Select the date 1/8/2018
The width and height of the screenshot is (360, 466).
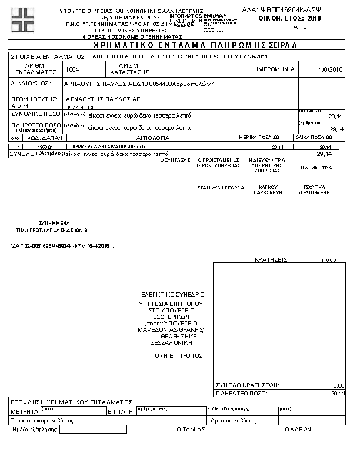point(331,69)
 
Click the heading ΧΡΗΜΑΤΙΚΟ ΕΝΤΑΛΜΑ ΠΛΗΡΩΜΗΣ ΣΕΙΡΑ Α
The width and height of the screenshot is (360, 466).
point(179,45)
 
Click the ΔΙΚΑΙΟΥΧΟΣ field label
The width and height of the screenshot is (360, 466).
point(31,84)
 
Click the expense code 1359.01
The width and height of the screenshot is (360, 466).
point(45,146)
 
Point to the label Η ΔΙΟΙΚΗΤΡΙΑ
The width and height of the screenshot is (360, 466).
point(316,168)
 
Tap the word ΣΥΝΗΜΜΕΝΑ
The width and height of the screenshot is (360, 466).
point(55,224)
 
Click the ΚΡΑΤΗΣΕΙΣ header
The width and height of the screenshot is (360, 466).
point(270,259)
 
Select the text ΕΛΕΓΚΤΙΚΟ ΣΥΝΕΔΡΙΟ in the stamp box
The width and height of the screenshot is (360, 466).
point(172,294)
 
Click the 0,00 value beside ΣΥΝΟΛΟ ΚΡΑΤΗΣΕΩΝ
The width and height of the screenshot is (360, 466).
point(338,385)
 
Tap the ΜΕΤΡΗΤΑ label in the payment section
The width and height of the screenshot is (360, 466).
point(24,411)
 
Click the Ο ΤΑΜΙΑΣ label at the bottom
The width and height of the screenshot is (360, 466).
point(191,430)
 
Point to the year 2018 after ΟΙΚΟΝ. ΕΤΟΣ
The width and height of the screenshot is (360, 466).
point(314,19)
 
